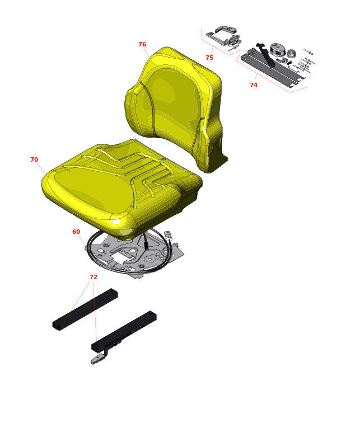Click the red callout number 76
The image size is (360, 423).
(142, 44)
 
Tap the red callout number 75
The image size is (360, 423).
(209, 58)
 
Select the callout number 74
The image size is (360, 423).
(254, 85)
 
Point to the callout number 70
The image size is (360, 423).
(34, 159)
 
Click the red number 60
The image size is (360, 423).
(76, 232)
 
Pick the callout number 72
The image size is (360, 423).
(93, 277)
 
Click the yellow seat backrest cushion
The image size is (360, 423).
(175, 108)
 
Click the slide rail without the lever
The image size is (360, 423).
(85, 310)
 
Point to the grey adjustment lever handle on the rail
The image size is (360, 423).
(97, 359)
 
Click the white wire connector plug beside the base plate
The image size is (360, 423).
(168, 234)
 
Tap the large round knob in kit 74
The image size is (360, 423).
(277, 49)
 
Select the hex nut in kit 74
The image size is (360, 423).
(291, 53)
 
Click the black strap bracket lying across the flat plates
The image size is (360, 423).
(266, 55)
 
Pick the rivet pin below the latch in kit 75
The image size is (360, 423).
(233, 48)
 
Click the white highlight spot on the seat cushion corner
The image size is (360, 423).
(115, 221)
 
